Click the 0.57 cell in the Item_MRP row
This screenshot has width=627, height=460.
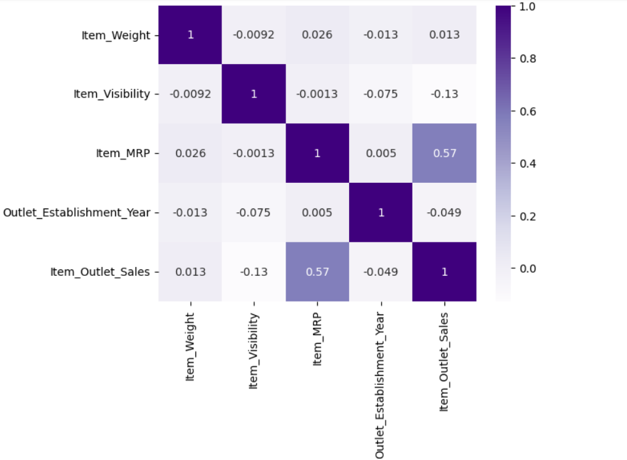point(444,153)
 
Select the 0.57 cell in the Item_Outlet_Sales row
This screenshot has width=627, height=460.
point(317,271)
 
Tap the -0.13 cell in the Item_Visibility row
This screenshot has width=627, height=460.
point(444,94)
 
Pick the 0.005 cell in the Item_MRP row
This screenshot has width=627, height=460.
point(381,153)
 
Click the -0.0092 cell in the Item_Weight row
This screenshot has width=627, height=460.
point(254,35)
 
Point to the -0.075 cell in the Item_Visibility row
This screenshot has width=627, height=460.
point(381,94)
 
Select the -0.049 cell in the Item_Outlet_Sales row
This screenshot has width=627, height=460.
point(381,271)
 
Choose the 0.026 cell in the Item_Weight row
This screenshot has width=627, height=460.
point(317,35)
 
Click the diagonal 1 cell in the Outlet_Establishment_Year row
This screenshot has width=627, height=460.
point(381,212)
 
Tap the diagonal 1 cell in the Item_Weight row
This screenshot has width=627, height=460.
point(190,35)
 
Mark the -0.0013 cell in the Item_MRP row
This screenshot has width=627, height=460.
point(254,153)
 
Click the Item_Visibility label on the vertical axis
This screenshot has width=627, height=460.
point(111,94)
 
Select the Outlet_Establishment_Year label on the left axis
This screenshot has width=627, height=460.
point(77,212)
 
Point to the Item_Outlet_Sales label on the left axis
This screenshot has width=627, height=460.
point(100,271)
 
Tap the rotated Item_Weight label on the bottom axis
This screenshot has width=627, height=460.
point(190,347)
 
